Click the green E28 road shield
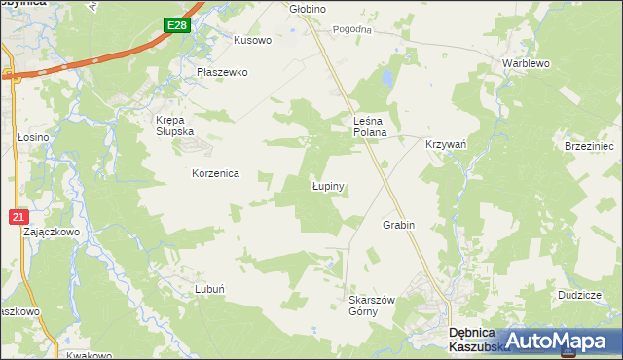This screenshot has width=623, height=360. coord(175,26)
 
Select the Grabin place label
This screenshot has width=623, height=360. coord(398,225)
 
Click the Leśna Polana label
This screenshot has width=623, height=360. coord(370,126)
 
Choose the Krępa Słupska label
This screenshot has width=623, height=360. coord(175,126)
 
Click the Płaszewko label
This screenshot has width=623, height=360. coord(222,72)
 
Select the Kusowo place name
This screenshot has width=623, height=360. coord(252,41)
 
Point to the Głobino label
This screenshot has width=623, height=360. coord(308,9)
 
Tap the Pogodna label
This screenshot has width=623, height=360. coord(352,30)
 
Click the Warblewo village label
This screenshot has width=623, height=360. coord(527,63)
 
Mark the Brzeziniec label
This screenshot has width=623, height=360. coord(589,145)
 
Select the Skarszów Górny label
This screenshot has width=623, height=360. coord(371,306)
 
